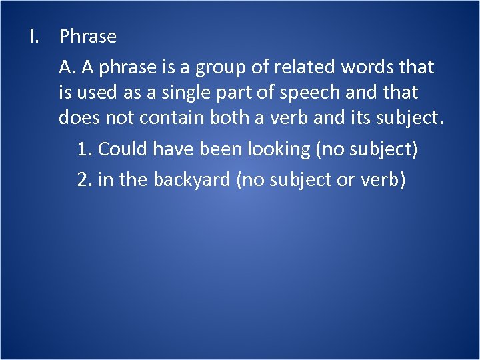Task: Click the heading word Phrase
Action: click(87, 37)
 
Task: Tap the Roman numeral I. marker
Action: click(35, 37)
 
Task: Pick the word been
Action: click(223, 149)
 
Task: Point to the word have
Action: click(174, 149)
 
